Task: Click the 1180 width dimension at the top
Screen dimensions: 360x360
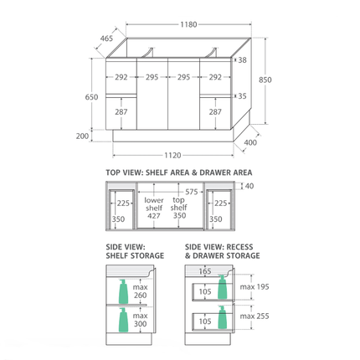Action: tap(188, 24)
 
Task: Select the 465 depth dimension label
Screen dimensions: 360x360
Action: tap(106, 39)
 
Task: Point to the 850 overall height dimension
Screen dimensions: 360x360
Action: tap(265, 80)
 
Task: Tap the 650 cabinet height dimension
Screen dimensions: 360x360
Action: tap(91, 97)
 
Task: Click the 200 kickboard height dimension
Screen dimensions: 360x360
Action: tap(82, 136)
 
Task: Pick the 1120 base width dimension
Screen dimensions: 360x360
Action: tap(172, 155)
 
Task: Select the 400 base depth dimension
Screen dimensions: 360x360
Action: tap(250, 142)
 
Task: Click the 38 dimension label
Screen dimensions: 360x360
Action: tap(243, 60)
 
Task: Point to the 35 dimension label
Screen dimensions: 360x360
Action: tap(243, 96)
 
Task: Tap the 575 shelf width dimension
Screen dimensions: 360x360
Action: tap(192, 192)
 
